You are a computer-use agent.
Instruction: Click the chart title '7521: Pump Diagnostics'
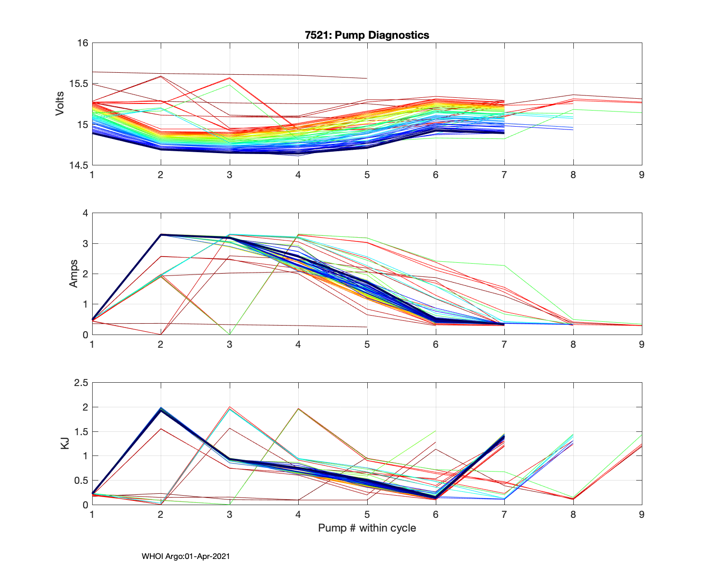[x=367, y=35]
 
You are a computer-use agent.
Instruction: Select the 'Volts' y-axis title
[x=60, y=104]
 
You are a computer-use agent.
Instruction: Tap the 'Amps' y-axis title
[x=74, y=274]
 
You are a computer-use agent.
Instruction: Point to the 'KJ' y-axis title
[x=65, y=443]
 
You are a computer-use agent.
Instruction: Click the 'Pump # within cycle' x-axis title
[x=367, y=528]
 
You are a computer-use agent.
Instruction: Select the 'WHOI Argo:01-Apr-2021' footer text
[x=186, y=556]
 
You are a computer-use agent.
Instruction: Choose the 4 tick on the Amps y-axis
[x=86, y=213]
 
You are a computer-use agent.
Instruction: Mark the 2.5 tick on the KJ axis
[x=81, y=383]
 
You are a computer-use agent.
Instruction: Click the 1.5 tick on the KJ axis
[x=81, y=431]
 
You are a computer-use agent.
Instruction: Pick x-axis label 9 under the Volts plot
[x=641, y=175]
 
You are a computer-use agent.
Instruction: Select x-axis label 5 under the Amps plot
[x=367, y=344]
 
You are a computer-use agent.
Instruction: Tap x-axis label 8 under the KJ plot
[x=573, y=515]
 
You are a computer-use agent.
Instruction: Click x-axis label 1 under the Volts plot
[x=92, y=175]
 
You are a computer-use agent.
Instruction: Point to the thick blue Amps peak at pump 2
[x=161, y=234]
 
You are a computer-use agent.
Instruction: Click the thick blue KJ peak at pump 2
[x=161, y=410]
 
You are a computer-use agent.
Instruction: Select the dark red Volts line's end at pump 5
[x=367, y=78]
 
